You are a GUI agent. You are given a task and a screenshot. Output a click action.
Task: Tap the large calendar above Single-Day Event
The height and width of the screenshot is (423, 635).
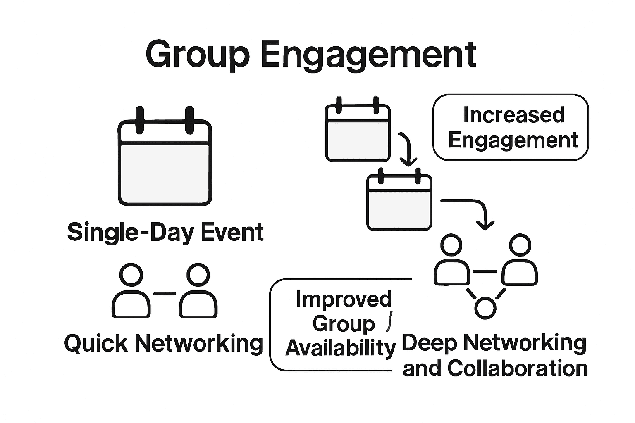pos(165,163)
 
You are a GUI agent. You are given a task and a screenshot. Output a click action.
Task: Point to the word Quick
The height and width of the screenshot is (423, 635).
pos(96,343)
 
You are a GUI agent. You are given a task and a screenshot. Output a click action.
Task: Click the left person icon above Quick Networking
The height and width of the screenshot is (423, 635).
pos(131,291)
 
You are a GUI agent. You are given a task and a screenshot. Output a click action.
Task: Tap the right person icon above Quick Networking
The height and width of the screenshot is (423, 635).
pos(198,291)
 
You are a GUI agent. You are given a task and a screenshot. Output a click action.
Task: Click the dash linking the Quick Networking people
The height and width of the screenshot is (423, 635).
pos(165,294)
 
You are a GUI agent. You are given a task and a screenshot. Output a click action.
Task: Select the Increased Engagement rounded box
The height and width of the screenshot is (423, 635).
pos(511,127)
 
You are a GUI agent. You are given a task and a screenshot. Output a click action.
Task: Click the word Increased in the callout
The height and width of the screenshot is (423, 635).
pos(513,115)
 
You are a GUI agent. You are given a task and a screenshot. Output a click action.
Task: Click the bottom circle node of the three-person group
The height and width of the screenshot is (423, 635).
pos(485,307)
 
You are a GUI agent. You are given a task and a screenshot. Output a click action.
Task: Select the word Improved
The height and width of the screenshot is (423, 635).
pos(344,299)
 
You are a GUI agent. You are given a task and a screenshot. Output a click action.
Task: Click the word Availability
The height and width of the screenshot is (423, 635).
pos(340,348)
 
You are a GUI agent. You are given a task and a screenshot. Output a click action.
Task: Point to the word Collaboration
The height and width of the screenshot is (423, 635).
pos(518,368)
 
